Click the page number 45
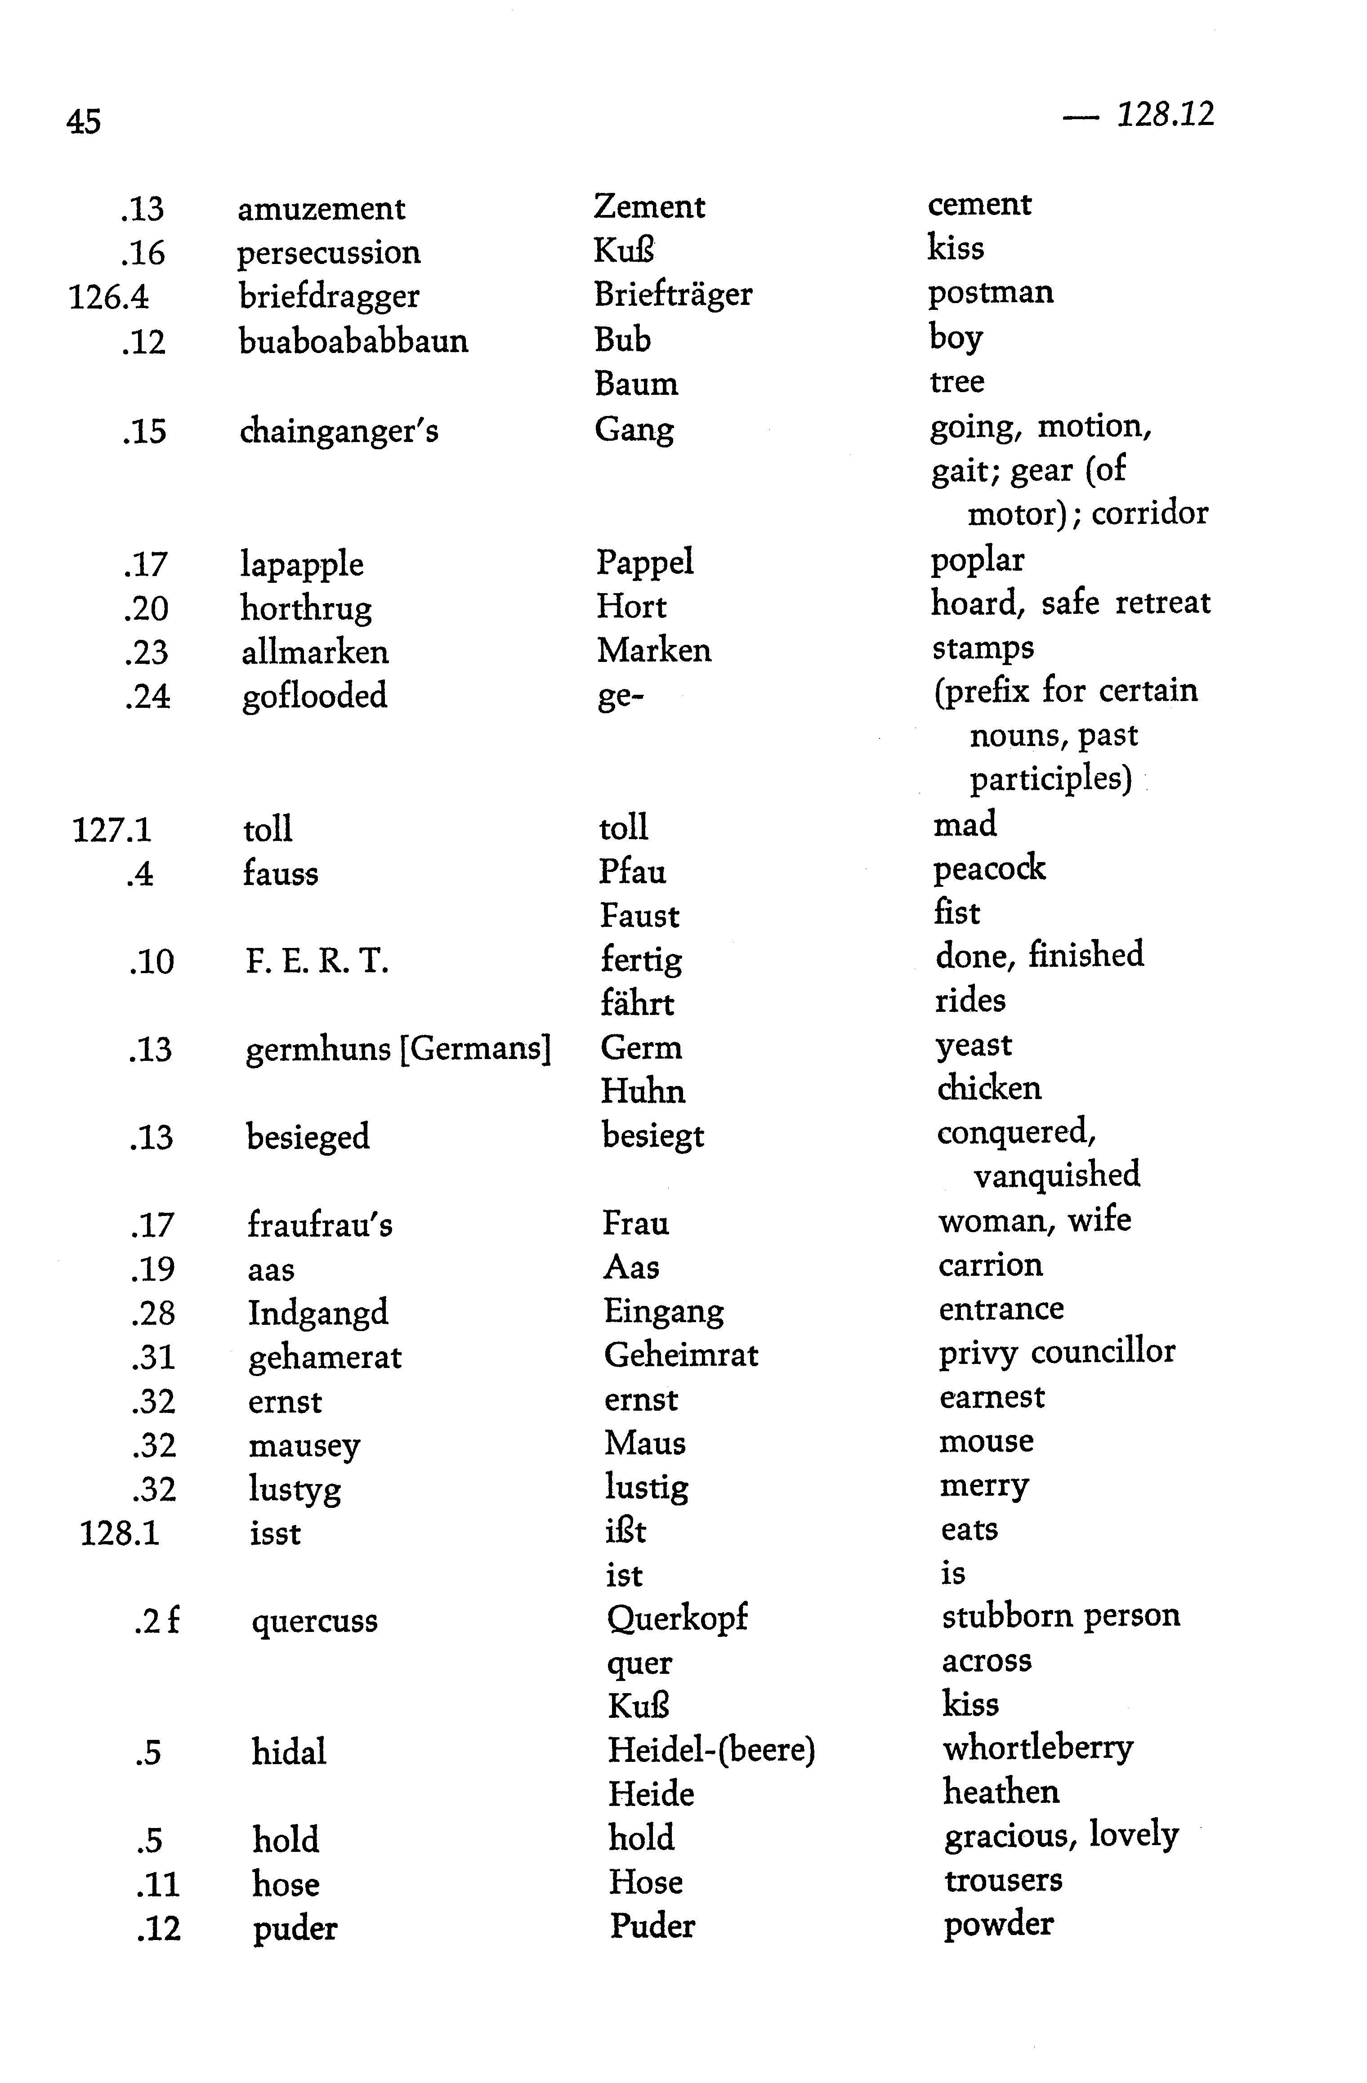(84, 121)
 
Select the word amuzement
(321, 209)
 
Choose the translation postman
(991, 292)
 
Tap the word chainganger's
(339, 431)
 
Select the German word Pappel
(645, 562)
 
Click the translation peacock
(989, 868)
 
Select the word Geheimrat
(681, 1356)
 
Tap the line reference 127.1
(111, 829)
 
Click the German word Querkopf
(677, 1618)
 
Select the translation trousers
(1003, 1880)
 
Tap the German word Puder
(652, 1926)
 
